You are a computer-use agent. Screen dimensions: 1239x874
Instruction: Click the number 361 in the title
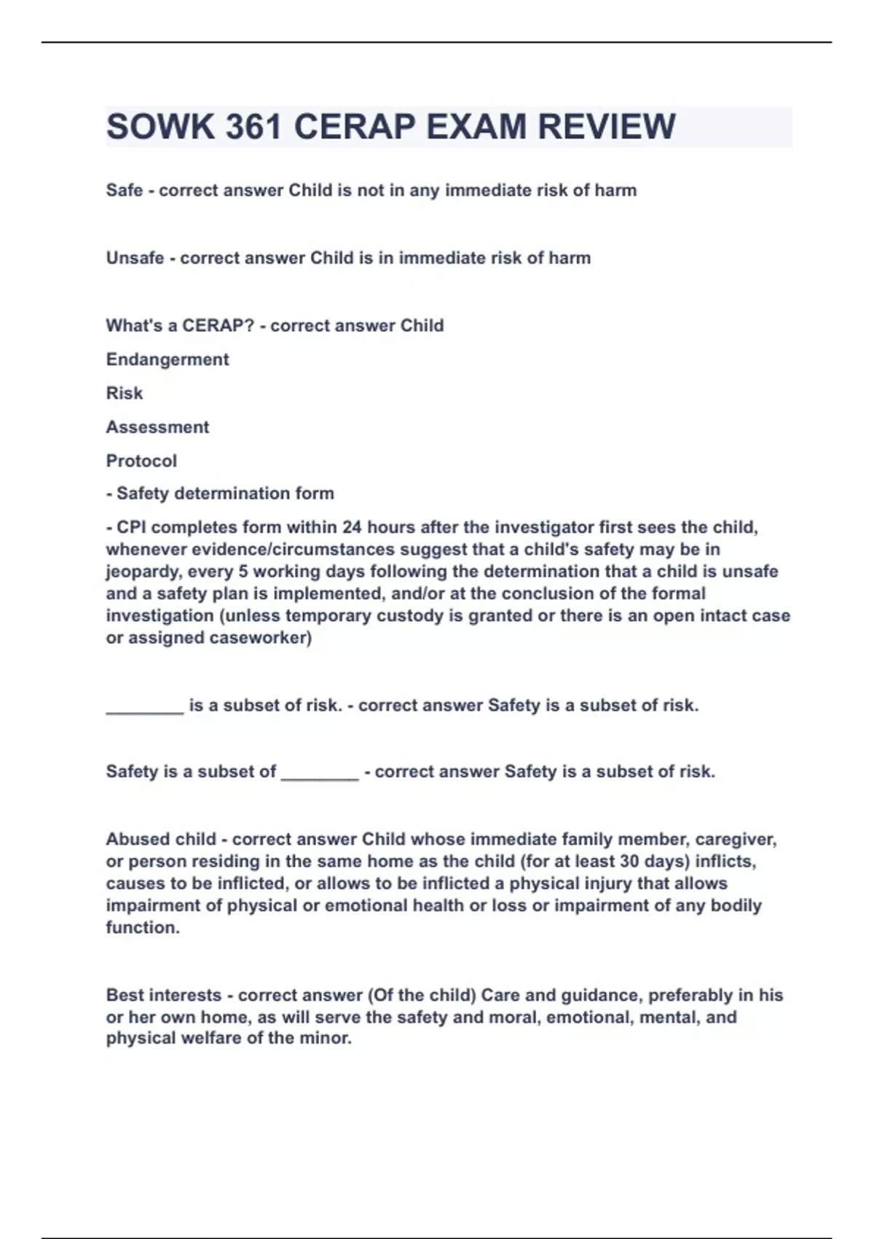(x=253, y=127)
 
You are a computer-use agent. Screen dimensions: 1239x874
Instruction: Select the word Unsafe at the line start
(x=135, y=258)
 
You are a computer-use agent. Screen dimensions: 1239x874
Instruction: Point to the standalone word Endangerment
(x=168, y=359)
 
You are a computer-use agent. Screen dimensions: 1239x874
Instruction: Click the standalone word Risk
(x=125, y=394)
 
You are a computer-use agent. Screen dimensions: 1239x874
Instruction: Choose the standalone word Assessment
(x=157, y=427)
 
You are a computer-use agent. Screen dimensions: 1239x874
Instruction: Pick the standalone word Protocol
(x=141, y=461)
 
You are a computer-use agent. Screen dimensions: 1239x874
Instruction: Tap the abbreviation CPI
(x=131, y=528)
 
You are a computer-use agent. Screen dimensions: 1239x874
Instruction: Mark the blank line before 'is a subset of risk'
(x=144, y=707)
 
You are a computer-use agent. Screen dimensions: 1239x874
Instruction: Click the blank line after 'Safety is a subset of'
(x=320, y=773)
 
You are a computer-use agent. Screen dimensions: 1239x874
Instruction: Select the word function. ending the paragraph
(x=143, y=928)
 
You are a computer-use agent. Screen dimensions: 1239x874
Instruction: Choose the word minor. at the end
(x=326, y=1039)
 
